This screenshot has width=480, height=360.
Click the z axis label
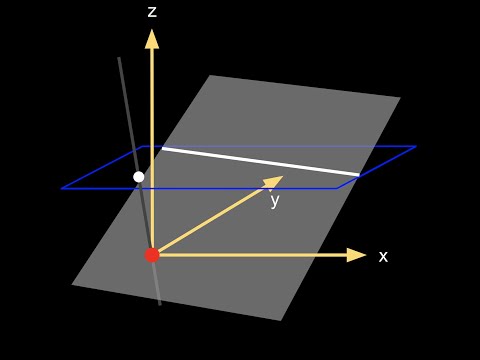[x=152, y=12]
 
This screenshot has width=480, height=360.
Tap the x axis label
[x=383, y=256]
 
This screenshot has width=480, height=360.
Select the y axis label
[x=274, y=201]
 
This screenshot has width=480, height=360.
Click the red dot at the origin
[x=152, y=255]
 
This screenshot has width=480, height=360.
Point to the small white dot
[x=139, y=177]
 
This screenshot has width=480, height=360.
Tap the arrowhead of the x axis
[x=357, y=255]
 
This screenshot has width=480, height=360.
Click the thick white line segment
[x=260, y=162]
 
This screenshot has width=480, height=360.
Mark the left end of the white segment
[x=162, y=148]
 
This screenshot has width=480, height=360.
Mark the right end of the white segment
[x=358, y=175]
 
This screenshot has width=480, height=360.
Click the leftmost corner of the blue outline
[x=62, y=188]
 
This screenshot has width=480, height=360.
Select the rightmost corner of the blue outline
[x=416, y=147]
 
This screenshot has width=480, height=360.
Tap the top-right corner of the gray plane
[x=400, y=97]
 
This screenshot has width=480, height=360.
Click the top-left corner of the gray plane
[x=211, y=75]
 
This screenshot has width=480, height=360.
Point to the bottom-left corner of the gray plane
[x=72, y=285]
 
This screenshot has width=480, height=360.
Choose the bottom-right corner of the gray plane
[x=281, y=320]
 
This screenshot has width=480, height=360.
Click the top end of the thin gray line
[x=119, y=58]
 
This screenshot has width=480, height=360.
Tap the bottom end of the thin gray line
[x=160, y=304]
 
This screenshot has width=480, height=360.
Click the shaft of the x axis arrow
[x=250, y=255]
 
